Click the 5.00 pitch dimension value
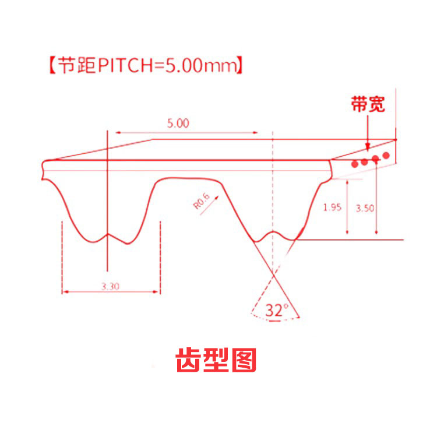point(178,124)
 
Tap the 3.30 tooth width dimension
point(111,286)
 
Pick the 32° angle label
point(277,310)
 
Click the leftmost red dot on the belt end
point(354,164)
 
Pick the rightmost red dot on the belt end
point(385,156)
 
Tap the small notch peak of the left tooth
point(108,234)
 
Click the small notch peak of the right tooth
point(274,232)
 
